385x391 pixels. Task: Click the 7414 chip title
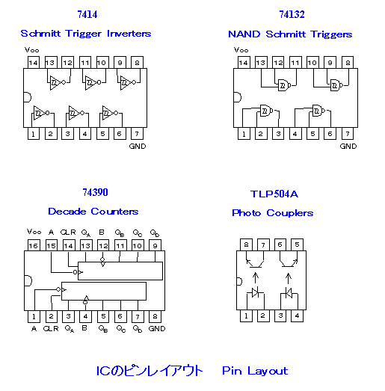87,14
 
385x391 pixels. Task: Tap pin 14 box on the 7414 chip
34,62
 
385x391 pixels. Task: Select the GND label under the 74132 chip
348,146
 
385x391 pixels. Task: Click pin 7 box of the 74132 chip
348,134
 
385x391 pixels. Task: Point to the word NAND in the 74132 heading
244,34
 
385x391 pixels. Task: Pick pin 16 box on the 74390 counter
34,245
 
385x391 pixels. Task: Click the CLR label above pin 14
68,233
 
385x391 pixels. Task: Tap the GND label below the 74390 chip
157,329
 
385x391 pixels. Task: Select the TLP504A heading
274,194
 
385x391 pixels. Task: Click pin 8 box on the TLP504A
246,244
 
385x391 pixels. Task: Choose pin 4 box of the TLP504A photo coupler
298,316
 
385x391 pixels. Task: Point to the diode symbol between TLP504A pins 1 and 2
255,292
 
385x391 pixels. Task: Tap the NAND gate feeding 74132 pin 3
266,110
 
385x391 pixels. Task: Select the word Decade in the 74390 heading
67,212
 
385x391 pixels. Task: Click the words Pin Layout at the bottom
255,371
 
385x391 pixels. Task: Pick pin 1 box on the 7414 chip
34,134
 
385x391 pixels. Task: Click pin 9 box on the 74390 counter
155,245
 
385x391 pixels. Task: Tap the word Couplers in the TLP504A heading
290,213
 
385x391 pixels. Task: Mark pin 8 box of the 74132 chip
348,62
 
